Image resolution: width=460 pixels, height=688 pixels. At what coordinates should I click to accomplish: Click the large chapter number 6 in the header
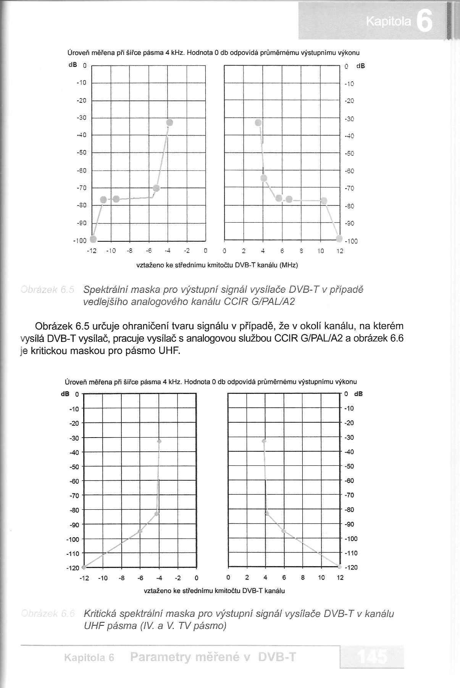(424, 22)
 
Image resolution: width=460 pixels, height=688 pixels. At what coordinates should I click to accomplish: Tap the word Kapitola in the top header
(388, 23)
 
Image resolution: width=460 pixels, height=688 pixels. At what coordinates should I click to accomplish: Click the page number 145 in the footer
(372, 657)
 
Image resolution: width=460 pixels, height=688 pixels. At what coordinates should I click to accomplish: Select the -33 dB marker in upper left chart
(169, 123)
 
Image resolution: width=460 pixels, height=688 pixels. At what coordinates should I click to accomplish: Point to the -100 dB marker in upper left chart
(93, 239)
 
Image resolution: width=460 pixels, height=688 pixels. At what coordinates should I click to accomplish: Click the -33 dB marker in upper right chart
(258, 123)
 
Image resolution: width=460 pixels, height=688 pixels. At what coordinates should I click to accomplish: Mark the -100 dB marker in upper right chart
(339, 239)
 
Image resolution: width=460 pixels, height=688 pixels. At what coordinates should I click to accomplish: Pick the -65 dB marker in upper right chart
(264, 178)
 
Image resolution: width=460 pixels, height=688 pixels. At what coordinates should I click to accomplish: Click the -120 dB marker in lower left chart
(84, 567)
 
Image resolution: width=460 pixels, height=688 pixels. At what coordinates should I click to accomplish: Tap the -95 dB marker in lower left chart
(140, 531)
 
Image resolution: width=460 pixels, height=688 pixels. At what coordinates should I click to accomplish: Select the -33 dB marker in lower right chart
(264, 441)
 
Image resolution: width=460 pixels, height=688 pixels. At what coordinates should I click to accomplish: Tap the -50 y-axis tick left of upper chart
(82, 153)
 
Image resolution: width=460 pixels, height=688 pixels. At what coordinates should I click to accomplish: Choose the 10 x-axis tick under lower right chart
(321, 578)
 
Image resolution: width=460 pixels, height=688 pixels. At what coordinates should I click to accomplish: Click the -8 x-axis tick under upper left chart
(130, 251)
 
